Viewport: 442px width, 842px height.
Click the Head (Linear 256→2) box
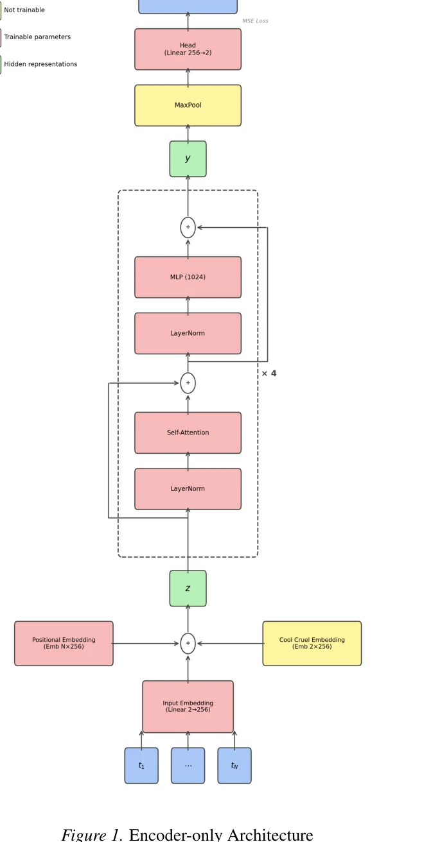click(188, 49)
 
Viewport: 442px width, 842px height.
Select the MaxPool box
click(188, 105)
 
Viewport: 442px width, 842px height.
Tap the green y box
click(188, 159)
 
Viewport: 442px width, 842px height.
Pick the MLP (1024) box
click(188, 277)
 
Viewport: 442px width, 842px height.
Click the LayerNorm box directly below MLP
click(188, 334)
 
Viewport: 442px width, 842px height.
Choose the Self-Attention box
click(188, 433)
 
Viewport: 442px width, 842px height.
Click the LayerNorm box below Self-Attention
click(188, 489)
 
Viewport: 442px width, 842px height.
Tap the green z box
click(188, 589)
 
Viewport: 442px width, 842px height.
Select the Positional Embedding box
click(64, 643)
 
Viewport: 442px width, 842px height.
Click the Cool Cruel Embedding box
click(312, 643)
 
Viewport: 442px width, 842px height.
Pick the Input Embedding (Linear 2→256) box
click(188, 707)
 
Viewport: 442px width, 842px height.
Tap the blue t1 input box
click(141, 766)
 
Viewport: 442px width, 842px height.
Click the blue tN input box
click(234, 766)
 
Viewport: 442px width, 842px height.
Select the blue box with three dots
click(188, 766)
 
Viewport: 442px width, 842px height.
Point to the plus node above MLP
click(188, 227)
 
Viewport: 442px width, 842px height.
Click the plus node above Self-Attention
click(188, 383)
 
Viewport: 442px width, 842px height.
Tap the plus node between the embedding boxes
click(188, 644)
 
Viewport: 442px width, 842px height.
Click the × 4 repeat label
click(269, 374)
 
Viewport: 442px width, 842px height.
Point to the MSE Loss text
click(255, 21)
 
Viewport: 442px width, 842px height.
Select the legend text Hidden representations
click(40, 64)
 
